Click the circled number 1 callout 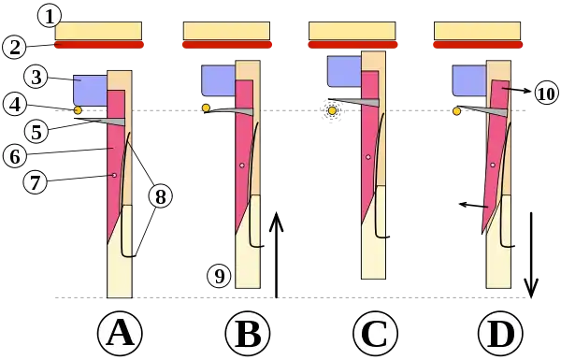click(x=50, y=17)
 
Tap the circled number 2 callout click(x=14, y=48)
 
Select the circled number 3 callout click(x=36, y=77)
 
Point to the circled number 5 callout click(x=36, y=132)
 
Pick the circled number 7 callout click(x=36, y=183)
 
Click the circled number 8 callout click(x=160, y=195)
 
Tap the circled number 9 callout click(x=219, y=276)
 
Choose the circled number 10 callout click(x=546, y=94)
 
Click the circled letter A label click(x=120, y=333)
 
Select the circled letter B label click(x=248, y=333)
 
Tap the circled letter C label click(x=375, y=333)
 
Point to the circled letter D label click(x=500, y=333)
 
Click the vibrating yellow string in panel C click(x=332, y=111)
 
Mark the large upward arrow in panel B click(x=276, y=254)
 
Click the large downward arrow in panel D click(x=531, y=254)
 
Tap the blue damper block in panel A click(x=90, y=91)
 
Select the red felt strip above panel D click(x=478, y=44)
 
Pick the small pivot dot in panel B click(x=242, y=166)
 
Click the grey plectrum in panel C click(x=353, y=102)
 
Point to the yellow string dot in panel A click(x=78, y=110)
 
